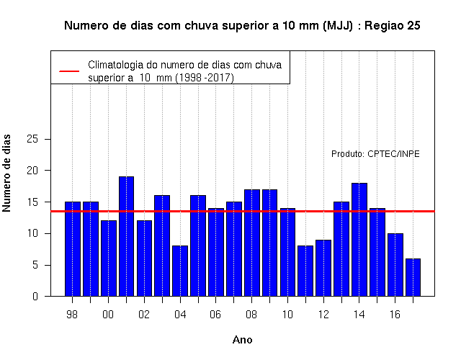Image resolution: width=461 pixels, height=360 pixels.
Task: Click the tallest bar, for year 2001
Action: (127, 236)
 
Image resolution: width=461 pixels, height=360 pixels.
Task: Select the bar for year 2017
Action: (413, 277)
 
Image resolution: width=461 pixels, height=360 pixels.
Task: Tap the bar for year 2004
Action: (180, 271)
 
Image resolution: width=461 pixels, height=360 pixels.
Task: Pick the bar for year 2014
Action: (359, 240)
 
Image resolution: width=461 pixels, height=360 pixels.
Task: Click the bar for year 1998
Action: (73, 249)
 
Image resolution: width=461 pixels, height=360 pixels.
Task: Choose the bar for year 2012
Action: (323, 268)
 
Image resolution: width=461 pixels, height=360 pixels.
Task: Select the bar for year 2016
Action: (395, 265)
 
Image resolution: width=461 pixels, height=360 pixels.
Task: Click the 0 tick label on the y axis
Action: (35, 296)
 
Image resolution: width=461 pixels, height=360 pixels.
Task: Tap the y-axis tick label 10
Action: (32, 233)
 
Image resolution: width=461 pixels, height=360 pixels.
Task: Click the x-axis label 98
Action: (72, 315)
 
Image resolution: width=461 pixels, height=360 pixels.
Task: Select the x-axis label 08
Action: (251, 315)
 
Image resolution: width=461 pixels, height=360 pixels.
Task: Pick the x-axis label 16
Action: (395, 315)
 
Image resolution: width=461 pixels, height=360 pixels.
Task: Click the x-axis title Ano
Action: (242, 340)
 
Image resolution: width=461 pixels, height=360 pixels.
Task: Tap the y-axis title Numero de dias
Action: (6, 173)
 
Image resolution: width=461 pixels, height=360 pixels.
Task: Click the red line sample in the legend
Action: (69, 71)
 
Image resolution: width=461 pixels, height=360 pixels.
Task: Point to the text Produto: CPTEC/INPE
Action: (375, 153)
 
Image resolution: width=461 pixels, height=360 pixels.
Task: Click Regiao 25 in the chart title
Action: (393, 26)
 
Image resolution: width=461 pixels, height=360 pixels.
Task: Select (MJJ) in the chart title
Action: (338, 26)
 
